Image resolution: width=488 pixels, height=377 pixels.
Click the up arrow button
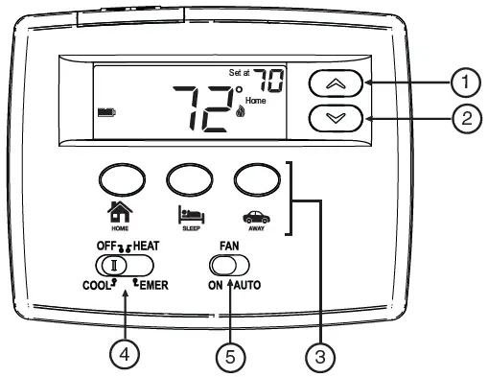(337, 84)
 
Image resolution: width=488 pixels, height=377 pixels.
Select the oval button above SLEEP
(189, 177)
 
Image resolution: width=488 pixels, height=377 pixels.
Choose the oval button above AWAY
(253, 177)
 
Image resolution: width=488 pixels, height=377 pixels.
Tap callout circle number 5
(229, 356)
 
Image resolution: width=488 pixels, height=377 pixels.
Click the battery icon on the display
(105, 112)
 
